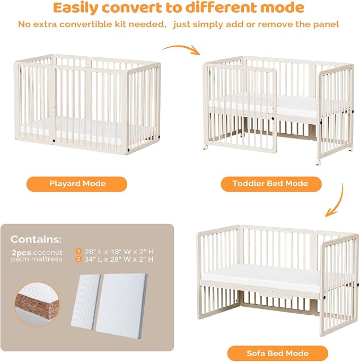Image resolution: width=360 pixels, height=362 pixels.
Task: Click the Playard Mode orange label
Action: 77,184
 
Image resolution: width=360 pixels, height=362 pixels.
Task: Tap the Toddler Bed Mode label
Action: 270,184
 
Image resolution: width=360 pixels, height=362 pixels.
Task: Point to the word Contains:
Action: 35,239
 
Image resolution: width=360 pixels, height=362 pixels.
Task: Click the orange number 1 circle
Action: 78,251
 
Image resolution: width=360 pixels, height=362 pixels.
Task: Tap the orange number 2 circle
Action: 78,260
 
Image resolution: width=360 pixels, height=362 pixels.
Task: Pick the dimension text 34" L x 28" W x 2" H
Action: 118,260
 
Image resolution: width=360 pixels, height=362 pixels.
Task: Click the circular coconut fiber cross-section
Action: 38,304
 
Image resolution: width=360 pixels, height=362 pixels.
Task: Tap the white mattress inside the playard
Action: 74,127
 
